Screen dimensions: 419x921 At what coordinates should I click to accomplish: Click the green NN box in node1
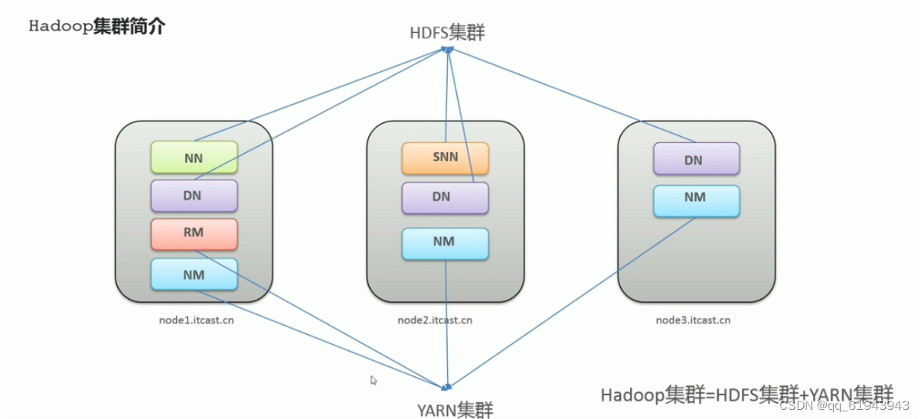click(194, 157)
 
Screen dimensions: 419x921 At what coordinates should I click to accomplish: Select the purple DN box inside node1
click(194, 195)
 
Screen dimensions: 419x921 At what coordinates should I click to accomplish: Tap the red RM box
click(194, 233)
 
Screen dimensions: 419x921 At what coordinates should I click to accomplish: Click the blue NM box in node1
click(194, 274)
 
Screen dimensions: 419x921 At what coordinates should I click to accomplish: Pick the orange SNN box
click(445, 158)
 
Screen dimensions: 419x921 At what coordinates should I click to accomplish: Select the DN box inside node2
click(445, 197)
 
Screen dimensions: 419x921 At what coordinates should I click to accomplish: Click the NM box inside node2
click(445, 242)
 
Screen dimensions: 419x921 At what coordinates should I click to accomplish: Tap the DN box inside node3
click(696, 159)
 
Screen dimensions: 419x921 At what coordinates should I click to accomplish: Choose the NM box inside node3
click(696, 199)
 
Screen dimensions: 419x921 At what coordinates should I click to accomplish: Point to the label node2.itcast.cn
click(435, 320)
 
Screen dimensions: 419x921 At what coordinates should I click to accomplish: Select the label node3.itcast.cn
click(692, 320)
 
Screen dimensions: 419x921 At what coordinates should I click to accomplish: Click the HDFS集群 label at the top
click(447, 32)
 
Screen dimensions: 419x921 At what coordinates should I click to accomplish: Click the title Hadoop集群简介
click(96, 26)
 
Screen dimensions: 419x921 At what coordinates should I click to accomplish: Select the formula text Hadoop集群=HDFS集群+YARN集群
click(746, 395)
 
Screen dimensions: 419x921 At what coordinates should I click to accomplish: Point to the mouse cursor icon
click(374, 380)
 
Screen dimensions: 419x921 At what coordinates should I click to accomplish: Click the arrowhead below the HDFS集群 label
click(449, 50)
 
